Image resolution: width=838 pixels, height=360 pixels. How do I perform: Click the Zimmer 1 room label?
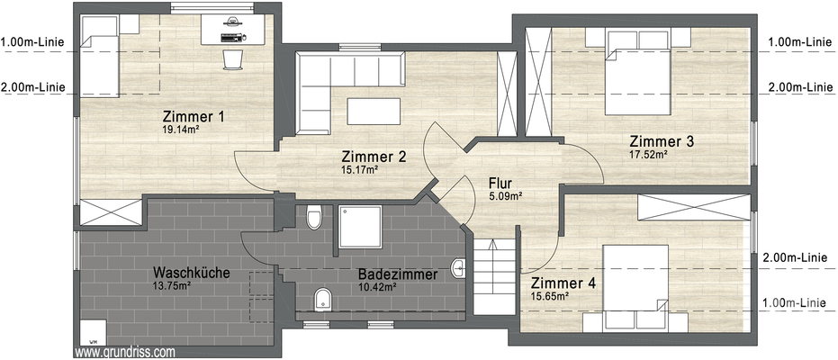(x=193, y=117)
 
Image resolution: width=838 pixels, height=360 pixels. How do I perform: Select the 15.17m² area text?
(x=358, y=169)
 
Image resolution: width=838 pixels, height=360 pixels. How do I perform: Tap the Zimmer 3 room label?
(x=661, y=141)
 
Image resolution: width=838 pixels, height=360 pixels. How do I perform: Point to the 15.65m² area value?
(x=550, y=296)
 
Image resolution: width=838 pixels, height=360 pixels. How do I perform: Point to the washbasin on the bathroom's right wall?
(x=459, y=266)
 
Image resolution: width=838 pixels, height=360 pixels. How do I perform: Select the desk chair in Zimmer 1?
(x=233, y=58)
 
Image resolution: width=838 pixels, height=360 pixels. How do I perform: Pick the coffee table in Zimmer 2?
(x=373, y=110)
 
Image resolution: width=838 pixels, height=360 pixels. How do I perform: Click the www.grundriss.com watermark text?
(x=125, y=353)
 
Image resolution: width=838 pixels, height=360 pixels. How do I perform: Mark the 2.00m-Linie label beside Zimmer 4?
(x=795, y=256)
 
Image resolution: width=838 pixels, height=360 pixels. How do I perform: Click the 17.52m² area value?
(x=648, y=154)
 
